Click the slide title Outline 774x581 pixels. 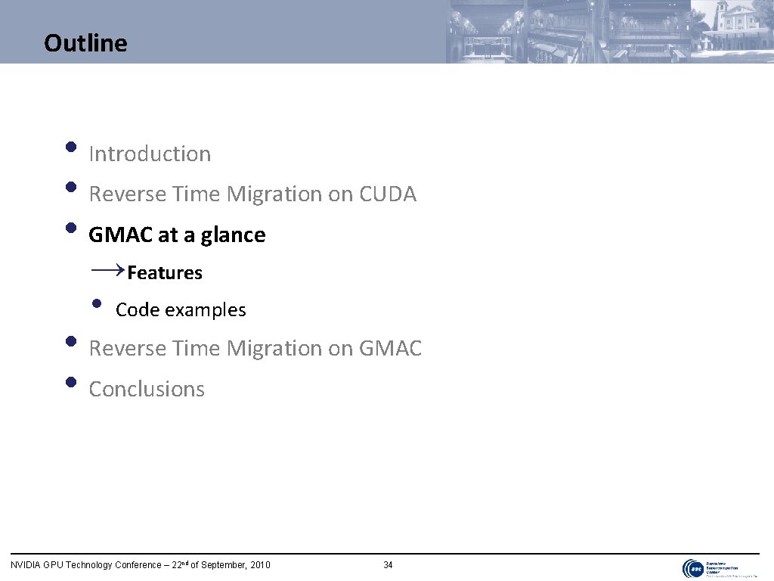[85, 43]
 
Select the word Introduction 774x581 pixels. [150, 154]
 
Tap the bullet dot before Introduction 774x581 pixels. [70, 147]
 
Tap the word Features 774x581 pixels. [165, 273]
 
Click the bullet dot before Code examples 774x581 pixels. [96, 304]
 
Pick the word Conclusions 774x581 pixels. [147, 389]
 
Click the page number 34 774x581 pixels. [388, 565]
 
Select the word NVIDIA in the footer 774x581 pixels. [25, 565]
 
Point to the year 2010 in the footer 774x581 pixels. [258, 565]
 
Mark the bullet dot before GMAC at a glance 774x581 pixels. [70, 228]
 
